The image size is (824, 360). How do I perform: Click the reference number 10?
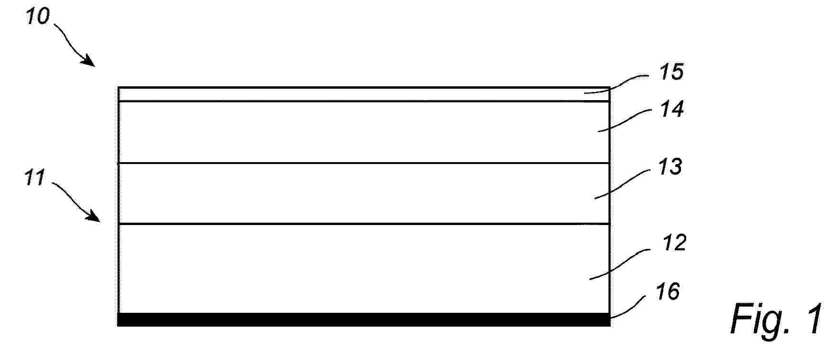38,16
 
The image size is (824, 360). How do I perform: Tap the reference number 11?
35,177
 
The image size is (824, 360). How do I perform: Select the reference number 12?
674,243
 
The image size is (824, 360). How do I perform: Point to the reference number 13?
670,167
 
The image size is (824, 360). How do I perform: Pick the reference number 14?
672,109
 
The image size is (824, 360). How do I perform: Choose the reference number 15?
671,72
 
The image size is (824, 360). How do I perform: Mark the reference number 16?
668,291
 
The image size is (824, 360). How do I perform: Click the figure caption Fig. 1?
776,319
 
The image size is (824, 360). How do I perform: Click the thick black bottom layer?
364,319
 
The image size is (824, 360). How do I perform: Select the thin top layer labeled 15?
364,94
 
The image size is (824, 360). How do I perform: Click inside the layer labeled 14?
364,132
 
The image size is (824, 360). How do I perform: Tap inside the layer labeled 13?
364,194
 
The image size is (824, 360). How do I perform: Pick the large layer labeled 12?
364,268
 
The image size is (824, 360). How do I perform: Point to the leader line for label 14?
625,120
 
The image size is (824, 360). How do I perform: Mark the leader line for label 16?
628,305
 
